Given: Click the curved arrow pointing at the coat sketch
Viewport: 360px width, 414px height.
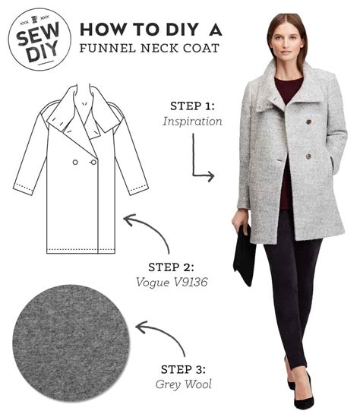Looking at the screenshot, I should pyautogui.click(x=149, y=232).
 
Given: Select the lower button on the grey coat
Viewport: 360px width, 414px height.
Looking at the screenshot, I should pyautogui.click(x=308, y=156).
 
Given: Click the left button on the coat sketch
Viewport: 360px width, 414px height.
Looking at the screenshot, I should pyautogui.click(x=75, y=162).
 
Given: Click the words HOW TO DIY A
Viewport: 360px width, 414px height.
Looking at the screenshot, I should pyautogui.click(x=150, y=29).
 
